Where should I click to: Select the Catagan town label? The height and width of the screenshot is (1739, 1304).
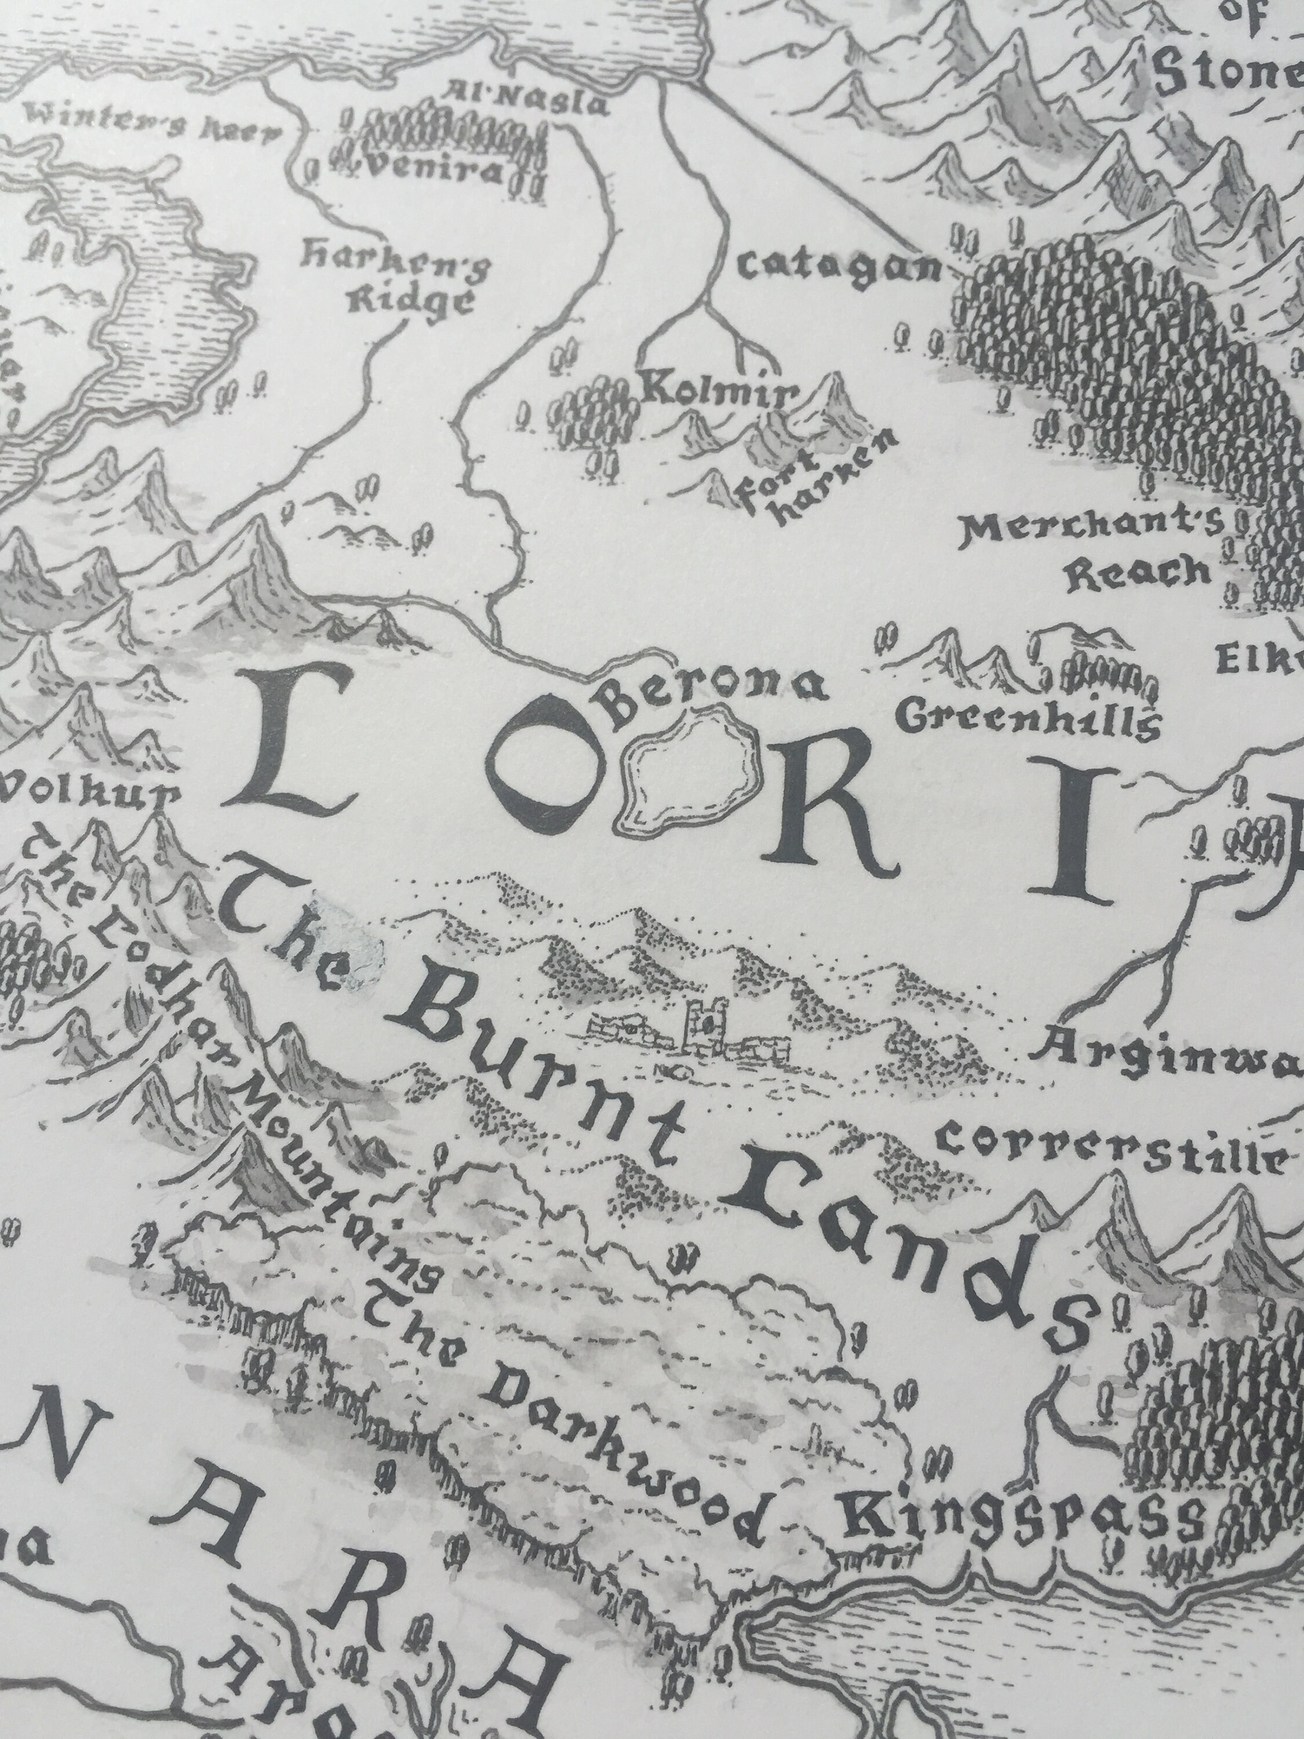point(839,268)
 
